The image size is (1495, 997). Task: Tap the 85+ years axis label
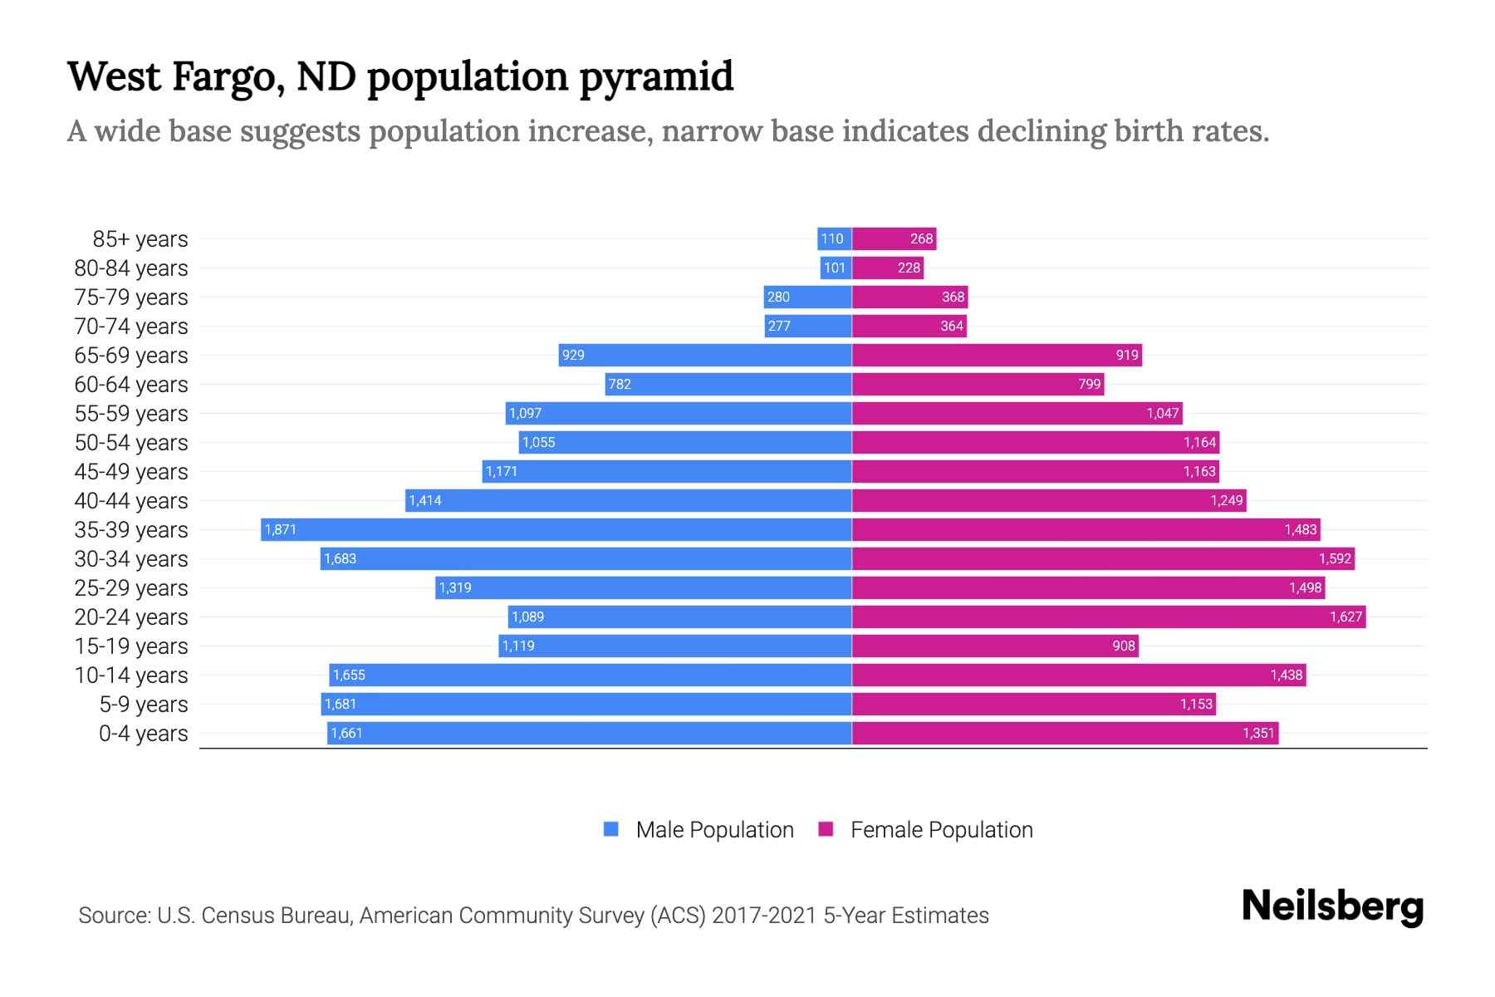140,239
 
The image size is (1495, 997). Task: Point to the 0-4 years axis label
143,734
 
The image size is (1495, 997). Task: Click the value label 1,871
281,530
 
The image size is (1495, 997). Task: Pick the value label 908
1123,646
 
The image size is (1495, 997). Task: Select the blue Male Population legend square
611,829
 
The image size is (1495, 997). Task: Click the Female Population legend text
941,830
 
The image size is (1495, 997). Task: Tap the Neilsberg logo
1332,906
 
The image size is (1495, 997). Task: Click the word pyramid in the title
656,78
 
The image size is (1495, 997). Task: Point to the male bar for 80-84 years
836,268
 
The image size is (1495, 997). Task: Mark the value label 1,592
1335,559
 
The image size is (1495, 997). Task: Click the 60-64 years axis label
131,385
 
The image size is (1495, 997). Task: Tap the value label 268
921,239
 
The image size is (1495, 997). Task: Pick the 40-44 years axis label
131,501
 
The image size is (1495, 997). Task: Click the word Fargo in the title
223,76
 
